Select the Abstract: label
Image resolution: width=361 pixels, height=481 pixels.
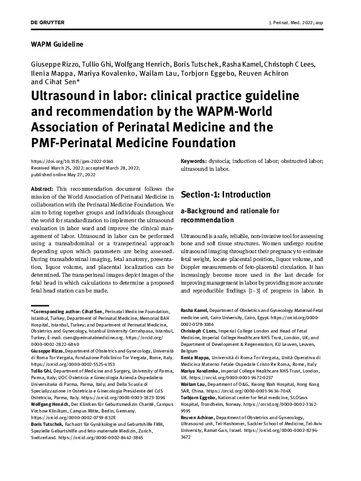coord(41,190)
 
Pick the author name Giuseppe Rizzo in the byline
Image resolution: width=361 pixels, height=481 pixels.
coord(52,64)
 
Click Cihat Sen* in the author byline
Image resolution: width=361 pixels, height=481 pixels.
coord(61,82)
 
